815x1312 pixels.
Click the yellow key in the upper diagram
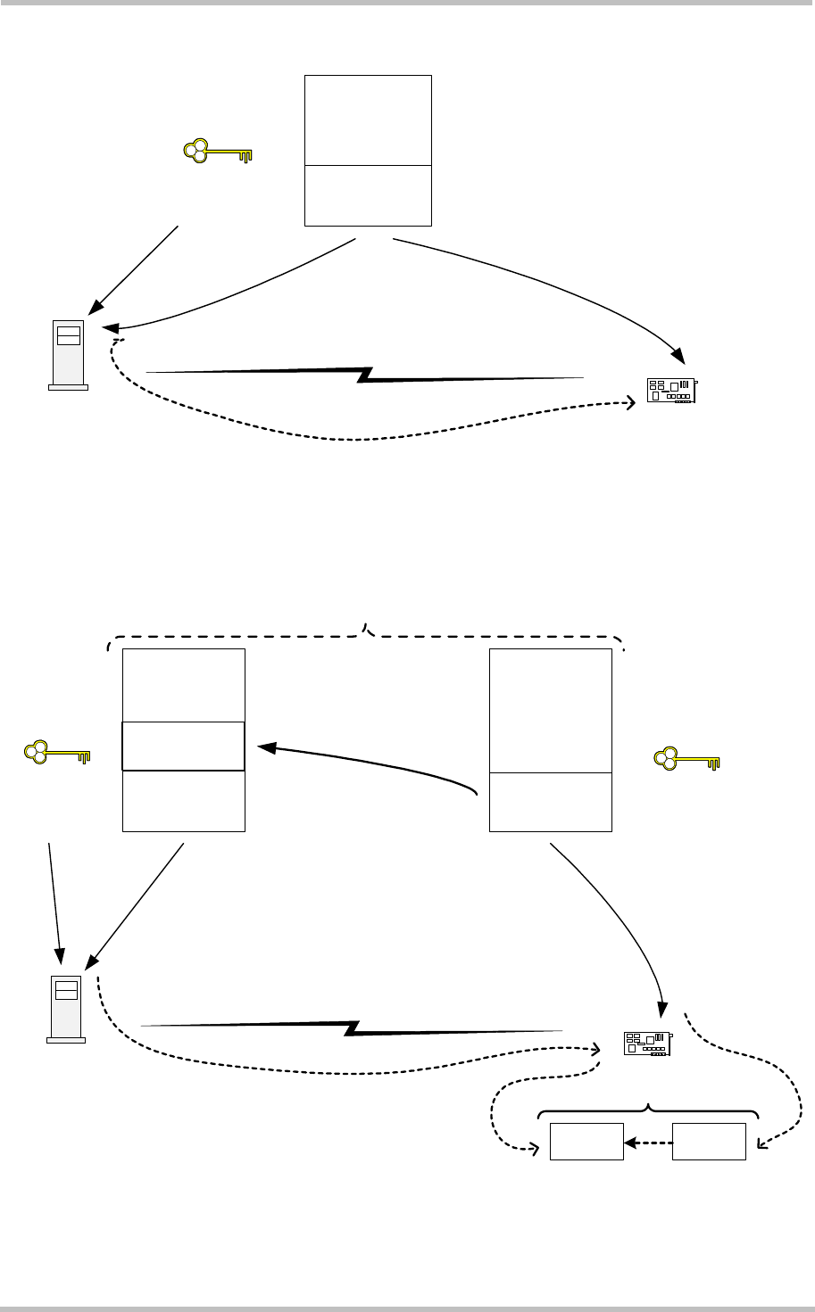(218, 153)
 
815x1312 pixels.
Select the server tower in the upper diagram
(68, 355)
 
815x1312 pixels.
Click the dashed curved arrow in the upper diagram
(357, 437)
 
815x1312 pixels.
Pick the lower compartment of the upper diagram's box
(368, 195)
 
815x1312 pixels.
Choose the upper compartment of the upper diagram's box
(368, 120)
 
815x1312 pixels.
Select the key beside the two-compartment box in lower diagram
(687, 760)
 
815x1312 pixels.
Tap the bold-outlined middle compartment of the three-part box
(183, 746)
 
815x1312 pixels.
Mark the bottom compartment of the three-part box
(183, 801)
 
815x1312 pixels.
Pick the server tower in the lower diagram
(66, 1008)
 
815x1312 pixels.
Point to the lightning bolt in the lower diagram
(353, 1027)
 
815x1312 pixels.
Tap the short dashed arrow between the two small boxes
(648, 1142)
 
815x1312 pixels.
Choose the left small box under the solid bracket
(586, 1142)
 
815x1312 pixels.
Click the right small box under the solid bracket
(710, 1142)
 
